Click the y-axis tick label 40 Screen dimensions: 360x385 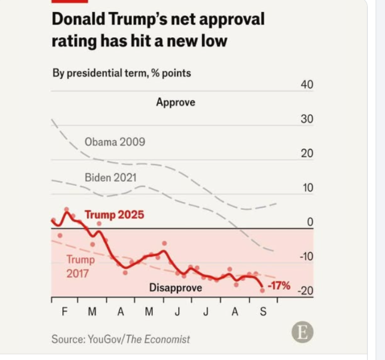point(306,85)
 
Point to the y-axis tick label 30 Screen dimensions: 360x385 point(306,119)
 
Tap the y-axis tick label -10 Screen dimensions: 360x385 point(305,257)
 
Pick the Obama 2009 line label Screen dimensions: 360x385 point(115,142)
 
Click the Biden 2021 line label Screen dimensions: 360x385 point(110,178)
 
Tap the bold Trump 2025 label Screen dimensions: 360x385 point(114,214)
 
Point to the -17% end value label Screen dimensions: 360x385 point(278,286)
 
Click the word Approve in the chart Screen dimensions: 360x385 point(176,102)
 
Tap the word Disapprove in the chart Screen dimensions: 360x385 point(176,288)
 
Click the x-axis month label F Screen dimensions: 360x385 point(64,312)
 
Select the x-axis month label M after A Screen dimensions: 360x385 point(149,312)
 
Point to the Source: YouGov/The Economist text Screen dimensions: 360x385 point(121,339)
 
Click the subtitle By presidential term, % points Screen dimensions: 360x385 point(122,73)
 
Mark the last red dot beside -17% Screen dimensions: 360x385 point(262,290)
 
